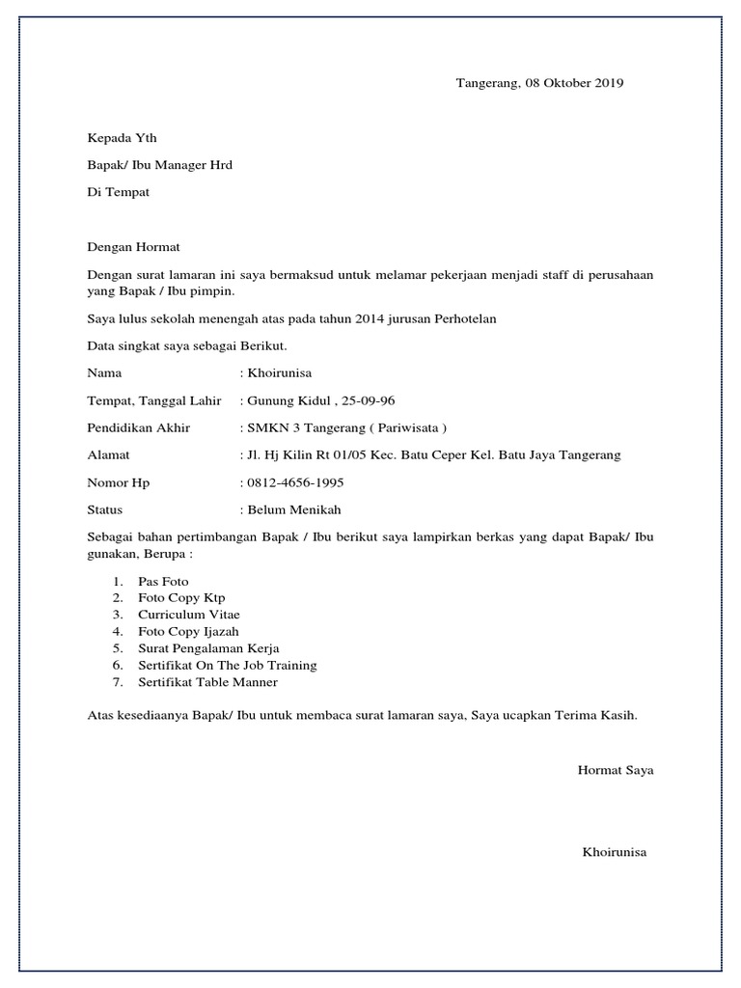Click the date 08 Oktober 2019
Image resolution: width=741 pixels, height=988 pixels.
coord(574,83)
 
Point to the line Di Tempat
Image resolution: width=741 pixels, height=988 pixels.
coord(119,192)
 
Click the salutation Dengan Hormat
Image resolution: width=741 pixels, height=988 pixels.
coord(133,248)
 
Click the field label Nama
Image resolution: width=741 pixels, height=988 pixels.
coord(104,372)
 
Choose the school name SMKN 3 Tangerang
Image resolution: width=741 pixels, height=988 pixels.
coord(302,427)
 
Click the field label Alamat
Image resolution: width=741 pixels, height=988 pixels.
coord(108,455)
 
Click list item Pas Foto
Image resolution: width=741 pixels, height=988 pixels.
coord(164,582)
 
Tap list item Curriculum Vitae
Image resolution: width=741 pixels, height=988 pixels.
coord(189,615)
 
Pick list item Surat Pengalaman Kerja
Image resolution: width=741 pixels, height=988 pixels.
coord(208,648)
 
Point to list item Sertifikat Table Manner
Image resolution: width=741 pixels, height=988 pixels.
coord(208,682)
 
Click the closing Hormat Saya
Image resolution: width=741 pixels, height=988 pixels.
coord(616,770)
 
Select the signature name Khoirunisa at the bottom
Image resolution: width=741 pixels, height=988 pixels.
coord(615,852)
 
